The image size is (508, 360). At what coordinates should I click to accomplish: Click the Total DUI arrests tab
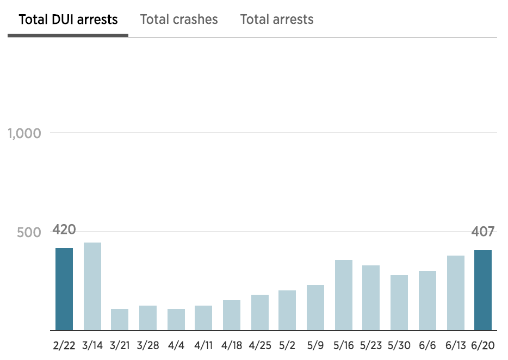tap(68, 20)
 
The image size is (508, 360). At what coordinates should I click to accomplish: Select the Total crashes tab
tap(179, 20)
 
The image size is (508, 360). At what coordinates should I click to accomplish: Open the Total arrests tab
tap(277, 20)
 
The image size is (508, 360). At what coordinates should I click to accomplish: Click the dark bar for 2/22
tap(64, 289)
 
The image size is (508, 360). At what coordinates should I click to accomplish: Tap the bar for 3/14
tap(92, 286)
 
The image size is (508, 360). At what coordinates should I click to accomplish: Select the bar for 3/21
tap(120, 319)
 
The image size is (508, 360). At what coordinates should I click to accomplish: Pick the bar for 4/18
tap(232, 315)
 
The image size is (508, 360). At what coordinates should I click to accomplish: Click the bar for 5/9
tap(315, 307)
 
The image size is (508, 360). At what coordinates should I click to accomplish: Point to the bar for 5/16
tap(344, 295)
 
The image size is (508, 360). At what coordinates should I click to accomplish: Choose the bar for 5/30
tap(399, 302)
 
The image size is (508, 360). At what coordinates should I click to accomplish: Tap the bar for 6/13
tap(456, 293)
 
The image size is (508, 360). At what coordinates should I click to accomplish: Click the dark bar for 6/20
tap(483, 290)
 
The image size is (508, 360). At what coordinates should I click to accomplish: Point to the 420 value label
tap(64, 229)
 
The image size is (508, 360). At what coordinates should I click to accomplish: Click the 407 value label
tap(483, 232)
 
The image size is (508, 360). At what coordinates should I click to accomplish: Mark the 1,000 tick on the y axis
tap(25, 133)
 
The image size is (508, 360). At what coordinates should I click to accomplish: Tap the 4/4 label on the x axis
tap(176, 346)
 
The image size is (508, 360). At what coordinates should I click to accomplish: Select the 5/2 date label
tap(287, 346)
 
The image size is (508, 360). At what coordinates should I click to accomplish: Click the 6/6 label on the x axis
tap(428, 346)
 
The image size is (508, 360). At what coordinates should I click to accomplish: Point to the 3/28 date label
tap(147, 346)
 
